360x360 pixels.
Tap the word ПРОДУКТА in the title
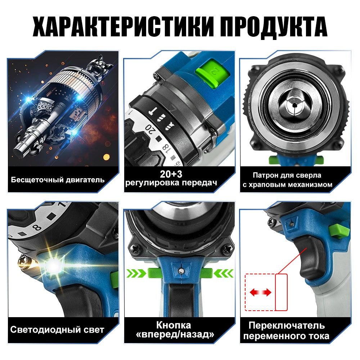click(x=274, y=27)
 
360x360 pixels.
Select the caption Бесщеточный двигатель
click(x=58, y=180)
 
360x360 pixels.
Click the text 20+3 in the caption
click(x=171, y=174)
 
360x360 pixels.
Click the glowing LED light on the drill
click(x=53, y=265)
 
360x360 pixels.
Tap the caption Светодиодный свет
click(x=57, y=330)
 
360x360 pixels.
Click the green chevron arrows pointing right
click(x=136, y=273)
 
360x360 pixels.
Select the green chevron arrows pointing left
click(x=223, y=273)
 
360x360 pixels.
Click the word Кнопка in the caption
click(x=174, y=325)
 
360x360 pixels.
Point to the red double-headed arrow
click(x=260, y=292)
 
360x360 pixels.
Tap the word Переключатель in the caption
click(x=287, y=325)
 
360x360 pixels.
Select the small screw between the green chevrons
click(x=181, y=271)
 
